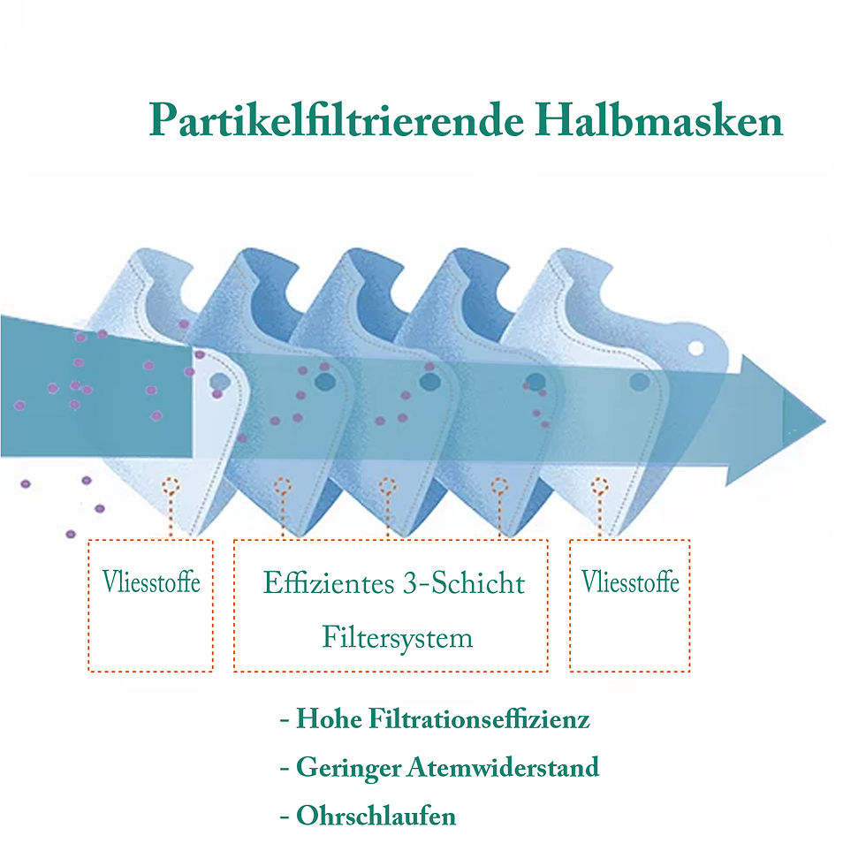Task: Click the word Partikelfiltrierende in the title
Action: pos(337,120)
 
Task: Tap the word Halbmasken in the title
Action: pos(659,118)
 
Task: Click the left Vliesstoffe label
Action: pos(151,581)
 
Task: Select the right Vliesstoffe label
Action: pos(630,581)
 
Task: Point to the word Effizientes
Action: pos(329,582)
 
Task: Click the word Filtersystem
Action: pos(397,637)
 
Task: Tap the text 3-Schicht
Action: pos(464,582)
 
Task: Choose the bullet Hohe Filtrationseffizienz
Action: pos(435,718)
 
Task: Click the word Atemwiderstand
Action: pos(503,767)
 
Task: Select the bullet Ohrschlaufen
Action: pos(368,816)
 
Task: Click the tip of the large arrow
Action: pos(825,422)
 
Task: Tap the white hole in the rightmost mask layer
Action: pos(696,348)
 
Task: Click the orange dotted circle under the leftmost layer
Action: pos(171,487)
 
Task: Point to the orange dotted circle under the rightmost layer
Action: pos(599,487)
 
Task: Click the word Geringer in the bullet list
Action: pos(348,768)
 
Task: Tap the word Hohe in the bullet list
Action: pos(329,718)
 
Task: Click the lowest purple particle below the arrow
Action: pos(71,534)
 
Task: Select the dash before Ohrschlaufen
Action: pos(285,817)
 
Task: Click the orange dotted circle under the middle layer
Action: pos(387,487)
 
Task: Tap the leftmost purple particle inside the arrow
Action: pos(19,406)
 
